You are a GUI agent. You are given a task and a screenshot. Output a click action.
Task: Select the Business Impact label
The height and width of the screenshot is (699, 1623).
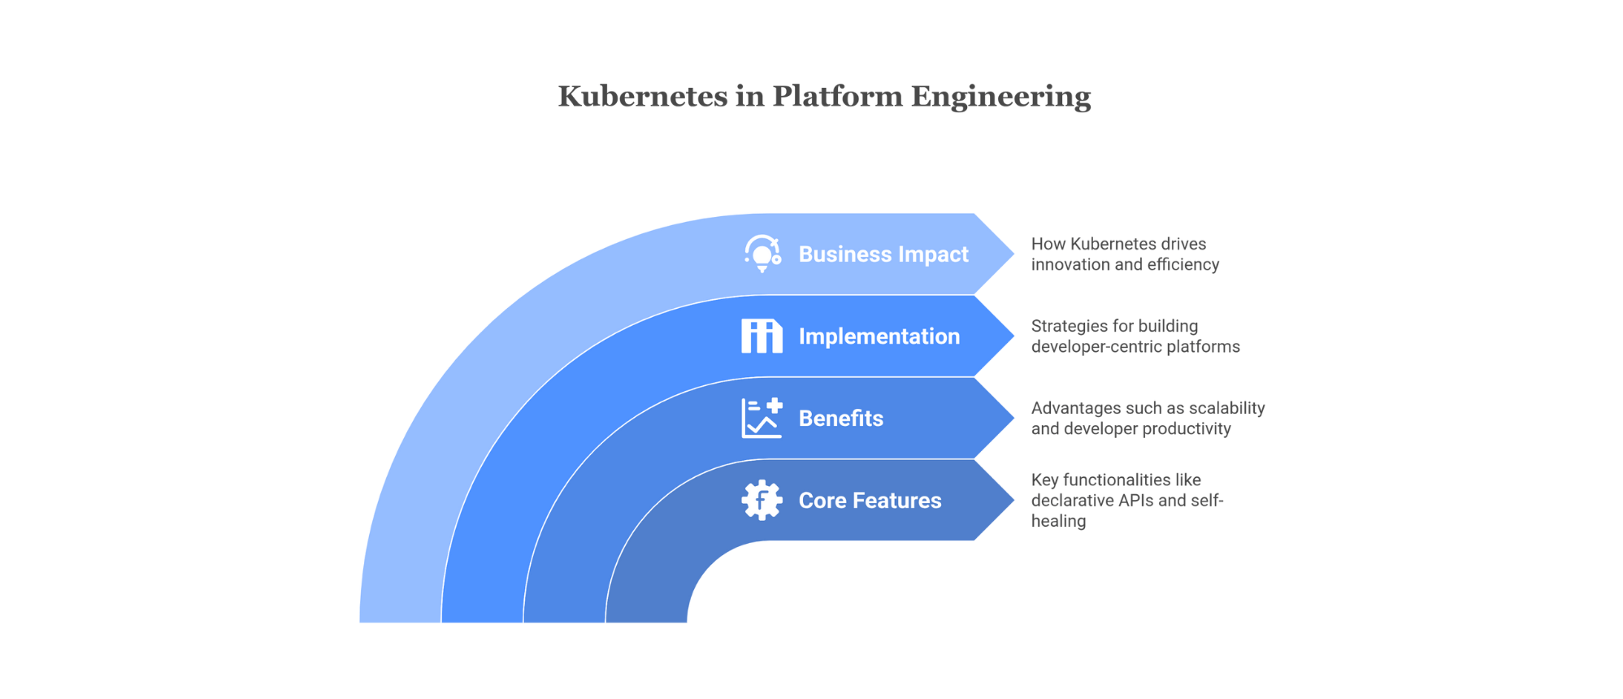tap(883, 254)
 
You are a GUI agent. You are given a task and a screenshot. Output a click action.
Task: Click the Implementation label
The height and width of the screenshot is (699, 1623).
tap(879, 336)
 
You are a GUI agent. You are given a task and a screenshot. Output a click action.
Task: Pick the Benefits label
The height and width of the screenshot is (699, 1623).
tap(840, 419)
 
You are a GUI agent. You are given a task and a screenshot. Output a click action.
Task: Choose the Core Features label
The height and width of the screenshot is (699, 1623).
tap(870, 501)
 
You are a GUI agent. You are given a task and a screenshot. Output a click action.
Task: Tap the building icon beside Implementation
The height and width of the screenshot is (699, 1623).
tap(762, 336)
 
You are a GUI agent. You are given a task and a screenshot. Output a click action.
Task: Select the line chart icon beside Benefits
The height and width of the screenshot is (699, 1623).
tap(762, 419)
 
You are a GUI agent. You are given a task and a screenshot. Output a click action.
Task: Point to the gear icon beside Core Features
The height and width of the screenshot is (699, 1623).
tap(762, 501)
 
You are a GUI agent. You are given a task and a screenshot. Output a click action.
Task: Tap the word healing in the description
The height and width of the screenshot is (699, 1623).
tap(1058, 521)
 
